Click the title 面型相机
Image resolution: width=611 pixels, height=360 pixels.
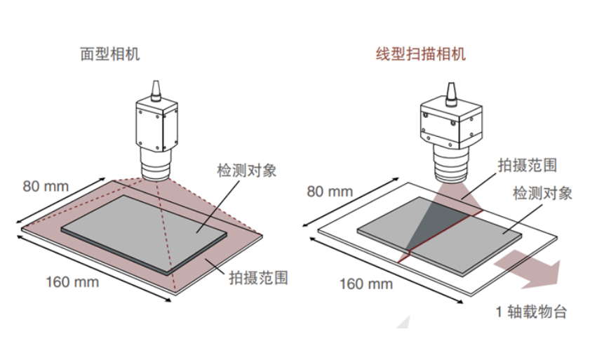click(x=110, y=54)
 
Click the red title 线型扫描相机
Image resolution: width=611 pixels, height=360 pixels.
click(x=418, y=54)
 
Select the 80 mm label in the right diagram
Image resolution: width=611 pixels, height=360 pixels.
click(x=330, y=191)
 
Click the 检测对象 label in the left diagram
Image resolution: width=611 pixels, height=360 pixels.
click(x=247, y=171)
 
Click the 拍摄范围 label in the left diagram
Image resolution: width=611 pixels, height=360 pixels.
click(x=259, y=277)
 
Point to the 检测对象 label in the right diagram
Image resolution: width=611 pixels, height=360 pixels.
click(x=542, y=193)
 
